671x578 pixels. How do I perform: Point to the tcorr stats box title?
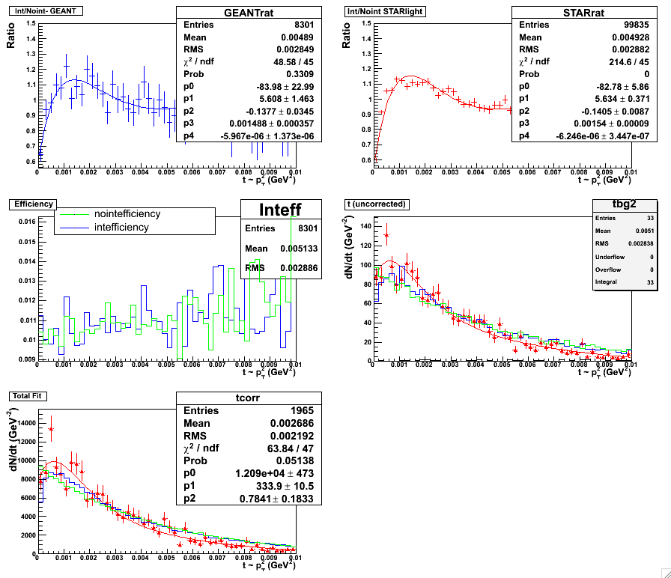pos(249,398)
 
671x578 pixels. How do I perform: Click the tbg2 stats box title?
pos(623,205)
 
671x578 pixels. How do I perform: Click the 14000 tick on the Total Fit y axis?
pos(22,422)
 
